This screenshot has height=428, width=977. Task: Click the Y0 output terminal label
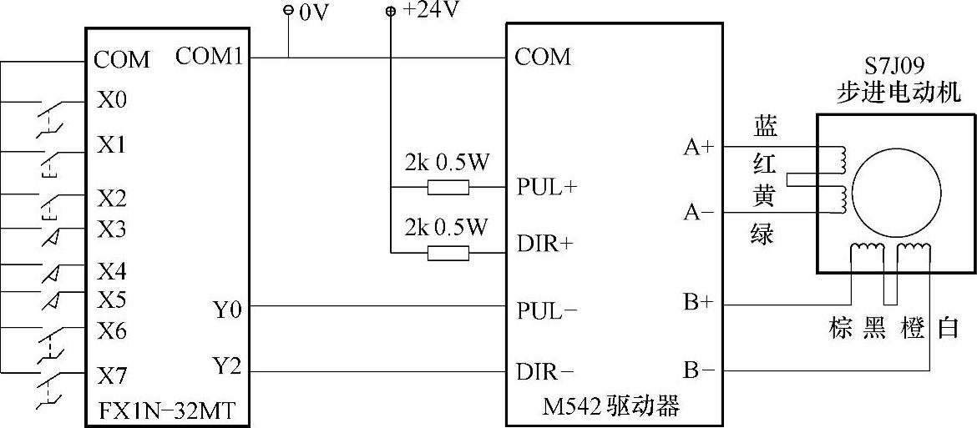point(227,311)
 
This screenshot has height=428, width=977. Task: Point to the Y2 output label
point(227,366)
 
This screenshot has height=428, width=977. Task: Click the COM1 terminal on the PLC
point(210,57)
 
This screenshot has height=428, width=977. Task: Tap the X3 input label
point(112,228)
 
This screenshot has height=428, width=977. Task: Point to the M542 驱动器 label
point(611,407)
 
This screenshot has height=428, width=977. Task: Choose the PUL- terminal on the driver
point(547,311)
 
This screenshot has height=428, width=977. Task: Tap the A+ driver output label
point(699,148)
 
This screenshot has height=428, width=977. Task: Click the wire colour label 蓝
point(765,127)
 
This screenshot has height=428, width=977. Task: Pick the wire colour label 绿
point(762,234)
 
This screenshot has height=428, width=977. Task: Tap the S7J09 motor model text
point(898,64)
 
